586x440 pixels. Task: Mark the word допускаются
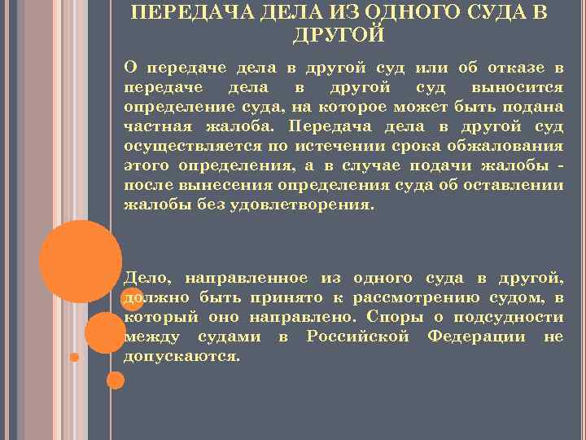(181, 358)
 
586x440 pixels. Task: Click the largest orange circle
(81, 260)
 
